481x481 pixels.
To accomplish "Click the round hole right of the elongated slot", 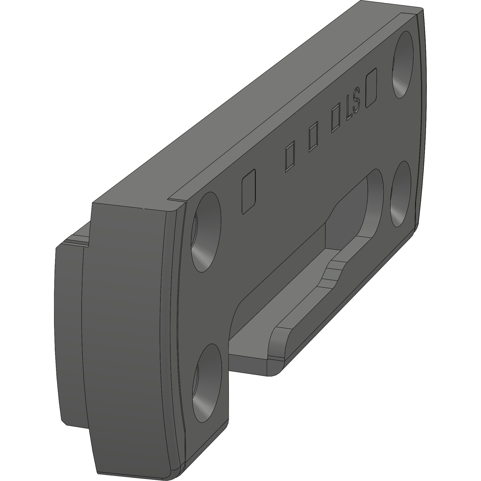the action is pos(401,194).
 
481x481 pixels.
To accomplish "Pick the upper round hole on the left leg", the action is pos(206,232).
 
